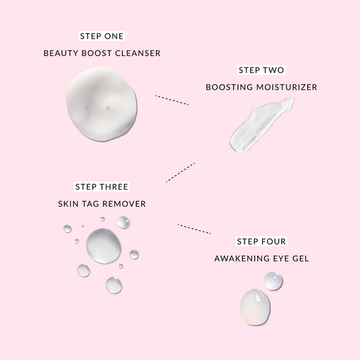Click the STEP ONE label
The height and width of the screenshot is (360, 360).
[x=102, y=36]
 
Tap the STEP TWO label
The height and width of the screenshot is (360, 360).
[x=261, y=70]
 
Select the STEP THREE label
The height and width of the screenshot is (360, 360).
[x=102, y=186]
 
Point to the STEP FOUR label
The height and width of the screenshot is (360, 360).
[x=261, y=241]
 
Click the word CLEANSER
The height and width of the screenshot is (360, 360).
[x=138, y=53]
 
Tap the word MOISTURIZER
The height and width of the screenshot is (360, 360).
[x=286, y=87]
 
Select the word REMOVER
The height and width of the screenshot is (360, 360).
[x=124, y=204]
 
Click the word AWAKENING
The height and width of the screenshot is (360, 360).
[x=242, y=259]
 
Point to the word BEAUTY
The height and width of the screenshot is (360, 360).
[x=61, y=53]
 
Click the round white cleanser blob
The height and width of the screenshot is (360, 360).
[x=101, y=104]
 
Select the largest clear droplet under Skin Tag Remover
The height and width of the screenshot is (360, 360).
[x=104, y=246]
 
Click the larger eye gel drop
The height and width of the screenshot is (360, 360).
[x=255, y=307]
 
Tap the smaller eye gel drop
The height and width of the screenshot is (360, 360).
[x=273, y=281]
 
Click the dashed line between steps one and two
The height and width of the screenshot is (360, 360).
[x=172, y=100]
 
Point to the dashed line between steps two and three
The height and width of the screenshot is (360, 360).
[x=180, y=172]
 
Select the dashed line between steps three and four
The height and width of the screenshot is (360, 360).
[x=195, y=229]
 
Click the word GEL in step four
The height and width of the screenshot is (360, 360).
[x=301, y=259]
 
